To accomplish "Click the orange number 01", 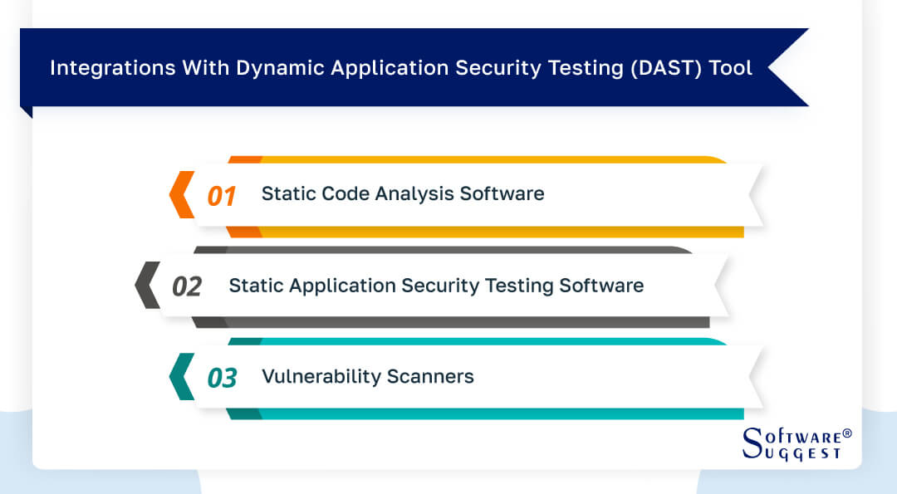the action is (x=222, y=196).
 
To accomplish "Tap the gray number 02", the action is (x=187, y=286).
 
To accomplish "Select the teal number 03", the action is (x=222, y=378).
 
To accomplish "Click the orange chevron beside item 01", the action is (x=182, y=194).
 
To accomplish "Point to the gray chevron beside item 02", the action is (x=147, y=285).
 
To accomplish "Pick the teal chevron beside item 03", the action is (x=182, y=376).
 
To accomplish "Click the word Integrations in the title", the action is (x=113, y=68).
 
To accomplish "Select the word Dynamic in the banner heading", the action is (x=281, y=68).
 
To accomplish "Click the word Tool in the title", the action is (x=731, y=67).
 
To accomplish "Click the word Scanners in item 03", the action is (x=430, y=376).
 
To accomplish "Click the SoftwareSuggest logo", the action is (x=797, y=443).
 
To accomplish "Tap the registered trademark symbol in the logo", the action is (x=847, y=433).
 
